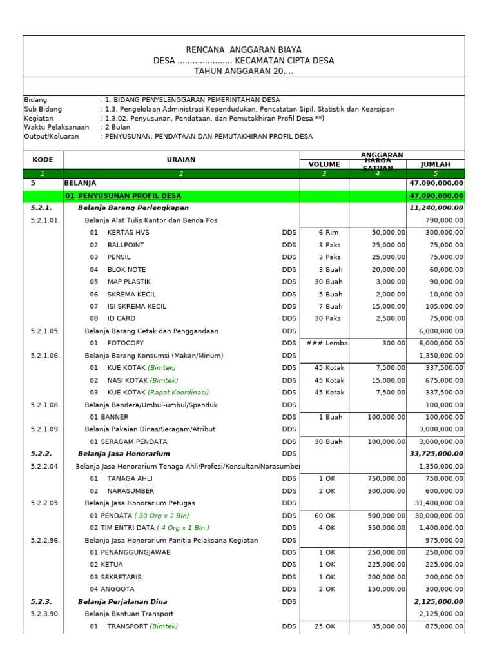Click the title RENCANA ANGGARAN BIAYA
coord(243,50)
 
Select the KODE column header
coord(43,159)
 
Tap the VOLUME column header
coord(324,164)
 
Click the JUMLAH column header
coord(435,164)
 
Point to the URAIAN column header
coord(180,159)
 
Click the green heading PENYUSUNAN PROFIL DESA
coord(129,195)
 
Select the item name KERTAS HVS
coord(128,232)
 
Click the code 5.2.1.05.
coord(45,331)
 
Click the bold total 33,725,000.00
coord(436,454)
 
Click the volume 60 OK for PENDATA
coord(325,515)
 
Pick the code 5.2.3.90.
coord(45,614)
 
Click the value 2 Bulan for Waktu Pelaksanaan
coord(117,127)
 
